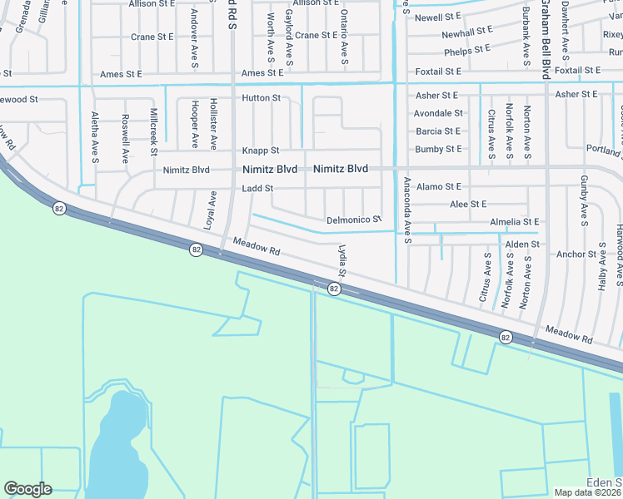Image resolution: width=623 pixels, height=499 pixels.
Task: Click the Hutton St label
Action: tap(261, 98)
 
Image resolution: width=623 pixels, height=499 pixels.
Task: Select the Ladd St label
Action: tap(257, 189)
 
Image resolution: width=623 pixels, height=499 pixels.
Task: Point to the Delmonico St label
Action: tap(353, 220)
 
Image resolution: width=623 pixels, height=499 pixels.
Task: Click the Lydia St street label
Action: tap(341, 261)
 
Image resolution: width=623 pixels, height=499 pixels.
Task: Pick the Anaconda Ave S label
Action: tap(406, 210)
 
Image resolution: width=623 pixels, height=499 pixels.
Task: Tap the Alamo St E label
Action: tap(438, 187)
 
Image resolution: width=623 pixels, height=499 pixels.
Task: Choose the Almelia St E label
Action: tap(515, 222)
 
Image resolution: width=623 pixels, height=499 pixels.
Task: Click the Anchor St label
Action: tap(576, 254)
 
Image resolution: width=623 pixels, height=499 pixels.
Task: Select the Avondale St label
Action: tap(439, 113)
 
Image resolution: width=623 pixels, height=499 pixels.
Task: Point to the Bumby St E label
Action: tap(438, 150)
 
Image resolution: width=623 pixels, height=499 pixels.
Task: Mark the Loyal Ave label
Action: tap(212, 210)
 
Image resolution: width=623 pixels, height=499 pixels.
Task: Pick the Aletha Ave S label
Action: tap(95, 137)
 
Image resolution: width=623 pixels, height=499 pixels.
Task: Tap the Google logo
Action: tap(27, 489)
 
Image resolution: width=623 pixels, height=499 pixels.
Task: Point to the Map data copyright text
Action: tap(588, 492)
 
